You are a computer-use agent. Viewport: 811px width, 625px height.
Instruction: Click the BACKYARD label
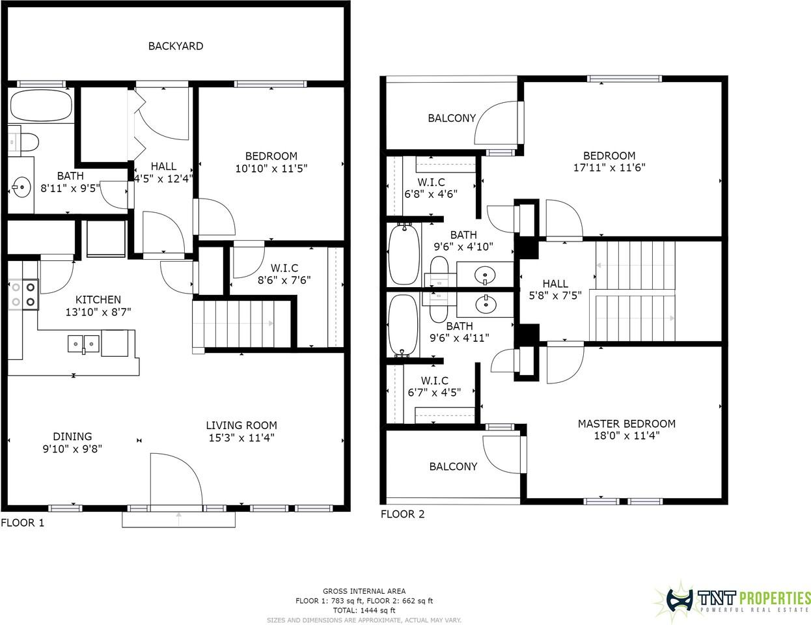[175, 46]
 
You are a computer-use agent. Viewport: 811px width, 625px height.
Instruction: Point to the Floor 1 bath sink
[21, 187]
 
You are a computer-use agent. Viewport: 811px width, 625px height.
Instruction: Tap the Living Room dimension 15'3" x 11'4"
[241, 437]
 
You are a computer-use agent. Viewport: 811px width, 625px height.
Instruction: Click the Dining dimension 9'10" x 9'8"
[72, 449]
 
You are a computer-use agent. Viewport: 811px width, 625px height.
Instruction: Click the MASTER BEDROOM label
[626, 424]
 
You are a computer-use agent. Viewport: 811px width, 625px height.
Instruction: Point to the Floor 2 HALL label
[555, 284]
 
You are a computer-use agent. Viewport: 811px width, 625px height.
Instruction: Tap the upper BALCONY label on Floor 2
[451, 118]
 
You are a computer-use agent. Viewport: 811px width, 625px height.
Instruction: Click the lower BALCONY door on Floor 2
[501, 459]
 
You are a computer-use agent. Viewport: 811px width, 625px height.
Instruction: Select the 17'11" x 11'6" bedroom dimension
[609, 167]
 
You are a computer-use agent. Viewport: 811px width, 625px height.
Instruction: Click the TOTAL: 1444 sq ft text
[364, 611]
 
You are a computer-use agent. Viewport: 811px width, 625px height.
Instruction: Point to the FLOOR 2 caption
[402, 514]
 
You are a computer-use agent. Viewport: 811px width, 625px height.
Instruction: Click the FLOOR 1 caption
[23, 522]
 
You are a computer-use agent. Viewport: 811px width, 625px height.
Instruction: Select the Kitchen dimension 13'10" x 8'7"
[98, 311]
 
